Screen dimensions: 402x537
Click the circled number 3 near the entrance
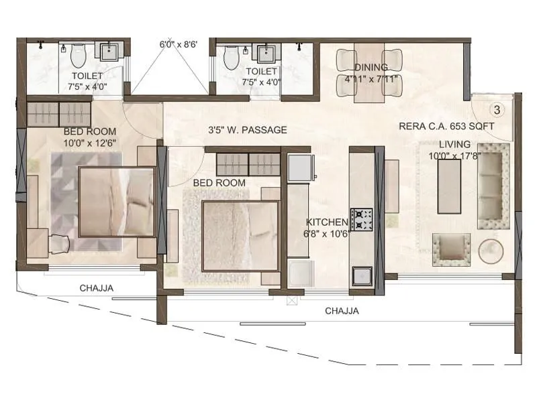(x=497, y=109)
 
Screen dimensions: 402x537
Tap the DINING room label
(x=371, y=67)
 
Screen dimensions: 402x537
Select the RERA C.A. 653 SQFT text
(x=446, y=126)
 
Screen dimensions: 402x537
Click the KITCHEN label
(x=327, y=222)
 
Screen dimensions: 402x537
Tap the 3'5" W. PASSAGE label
(x=247, y=130)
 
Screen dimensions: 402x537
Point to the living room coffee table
(x=448, y=183)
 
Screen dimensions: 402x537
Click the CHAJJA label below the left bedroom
(x=97, y=289)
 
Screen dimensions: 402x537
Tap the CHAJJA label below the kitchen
(x=342, y=311)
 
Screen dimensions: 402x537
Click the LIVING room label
(x=454, y=145)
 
